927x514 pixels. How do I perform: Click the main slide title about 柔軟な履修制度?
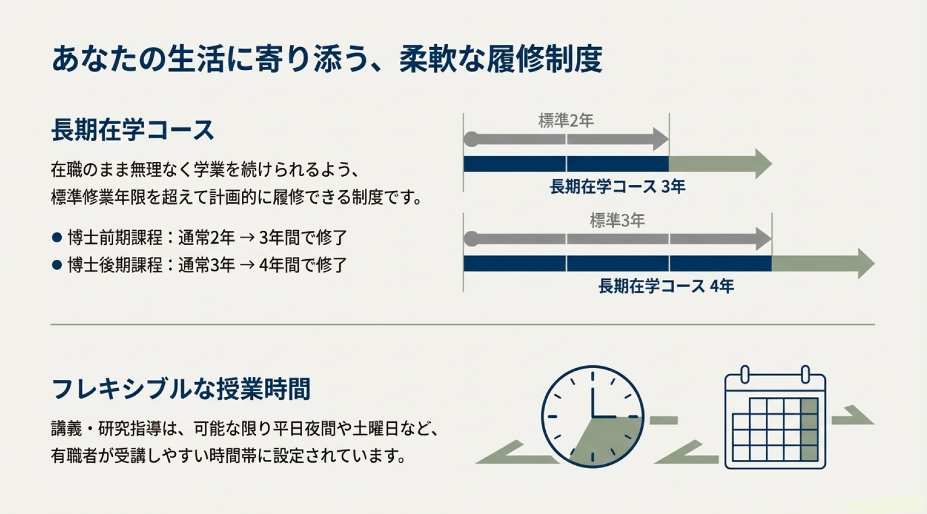327,60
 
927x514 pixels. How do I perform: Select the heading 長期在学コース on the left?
132,130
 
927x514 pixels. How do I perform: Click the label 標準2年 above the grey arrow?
566,120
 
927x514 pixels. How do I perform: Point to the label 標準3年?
617,220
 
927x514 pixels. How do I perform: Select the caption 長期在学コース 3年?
617,187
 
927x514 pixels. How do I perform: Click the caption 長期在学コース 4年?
666,286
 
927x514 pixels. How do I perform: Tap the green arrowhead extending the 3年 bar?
763,163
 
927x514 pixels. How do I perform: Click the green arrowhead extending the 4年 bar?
866,264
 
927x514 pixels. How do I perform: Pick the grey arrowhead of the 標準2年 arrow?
661,139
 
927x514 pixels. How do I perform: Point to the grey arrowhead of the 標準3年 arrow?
764,239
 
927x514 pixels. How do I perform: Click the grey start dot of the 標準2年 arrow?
471,139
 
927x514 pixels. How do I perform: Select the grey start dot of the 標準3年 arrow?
471,239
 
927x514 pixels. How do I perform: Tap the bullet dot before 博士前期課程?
57,238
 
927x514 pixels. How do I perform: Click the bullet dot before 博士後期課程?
57,265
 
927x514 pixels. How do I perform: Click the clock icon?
593,417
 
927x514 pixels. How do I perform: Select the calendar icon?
775,418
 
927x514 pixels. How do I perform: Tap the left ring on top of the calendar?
745,374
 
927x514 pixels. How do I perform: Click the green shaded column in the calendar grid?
810,429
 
